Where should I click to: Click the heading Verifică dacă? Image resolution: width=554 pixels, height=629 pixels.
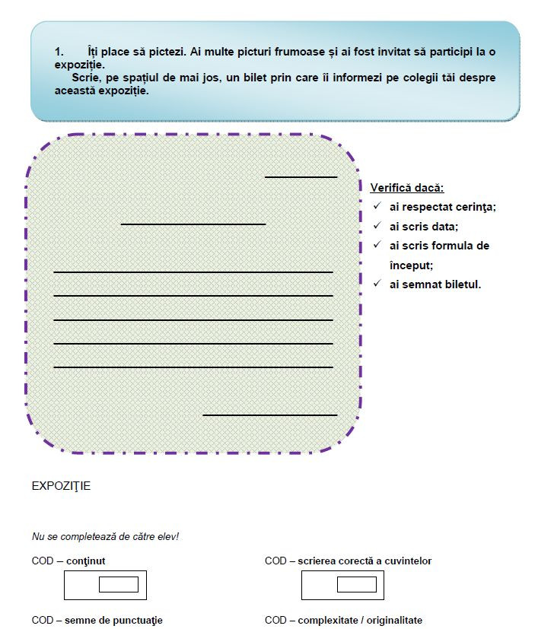click(x=407, y=187)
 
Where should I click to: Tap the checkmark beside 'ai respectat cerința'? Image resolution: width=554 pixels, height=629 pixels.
click(x=377, y=206)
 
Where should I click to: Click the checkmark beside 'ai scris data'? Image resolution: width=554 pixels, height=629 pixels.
click(x=377, y=226)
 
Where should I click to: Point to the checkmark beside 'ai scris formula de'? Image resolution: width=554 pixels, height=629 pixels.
click(x=377, y=245)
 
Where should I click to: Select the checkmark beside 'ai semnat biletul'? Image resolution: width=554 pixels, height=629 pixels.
click(x=377, y=284)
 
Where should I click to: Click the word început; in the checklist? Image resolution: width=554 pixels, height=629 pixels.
click(x=411, y=265)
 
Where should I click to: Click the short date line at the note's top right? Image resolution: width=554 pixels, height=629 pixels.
click(x=301, y=177)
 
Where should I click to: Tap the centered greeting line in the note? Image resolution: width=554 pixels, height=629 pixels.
click(x=193, y=224)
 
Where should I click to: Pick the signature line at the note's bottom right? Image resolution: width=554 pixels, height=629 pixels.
click(x=269, y=415)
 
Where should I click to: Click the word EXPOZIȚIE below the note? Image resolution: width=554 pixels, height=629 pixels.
click(x=61, y=486)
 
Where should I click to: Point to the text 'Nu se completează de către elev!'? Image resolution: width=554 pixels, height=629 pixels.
click(x=105, y=536)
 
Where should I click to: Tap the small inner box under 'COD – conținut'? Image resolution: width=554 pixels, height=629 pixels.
click(x=119, y=585)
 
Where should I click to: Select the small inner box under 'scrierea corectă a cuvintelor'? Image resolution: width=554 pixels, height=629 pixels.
click(x=356, y=585)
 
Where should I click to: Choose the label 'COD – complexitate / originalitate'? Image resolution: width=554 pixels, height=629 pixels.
click(x=343, y=620)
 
